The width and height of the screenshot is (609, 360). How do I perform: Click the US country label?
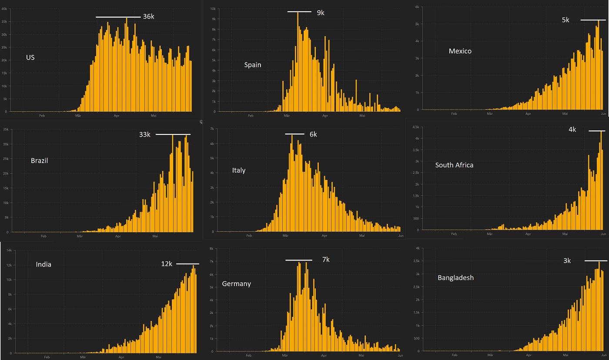click(30, 57)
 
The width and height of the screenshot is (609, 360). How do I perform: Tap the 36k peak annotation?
click(148, 17)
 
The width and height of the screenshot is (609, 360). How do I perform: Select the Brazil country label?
click(39, 160)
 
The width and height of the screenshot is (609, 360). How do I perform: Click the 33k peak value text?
click(144, 134)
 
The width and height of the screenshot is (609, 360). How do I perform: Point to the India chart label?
click(43, 264)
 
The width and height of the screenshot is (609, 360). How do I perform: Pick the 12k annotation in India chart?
click(167, 264)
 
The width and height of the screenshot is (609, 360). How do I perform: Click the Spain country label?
click(253, 65)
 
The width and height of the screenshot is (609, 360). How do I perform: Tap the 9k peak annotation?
click(321, 13)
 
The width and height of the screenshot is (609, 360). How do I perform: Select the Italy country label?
click(239, 170)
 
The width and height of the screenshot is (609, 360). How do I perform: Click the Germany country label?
click(236, 283)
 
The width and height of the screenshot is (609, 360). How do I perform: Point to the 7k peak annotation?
click(326, 260)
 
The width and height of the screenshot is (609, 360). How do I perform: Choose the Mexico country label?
click(460, 51)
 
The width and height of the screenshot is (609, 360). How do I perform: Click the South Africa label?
click(454, 165)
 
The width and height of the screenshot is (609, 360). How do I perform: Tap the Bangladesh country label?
click(455, 277)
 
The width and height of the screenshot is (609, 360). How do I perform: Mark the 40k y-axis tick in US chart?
click(3, 9)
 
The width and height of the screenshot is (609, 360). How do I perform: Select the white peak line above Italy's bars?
click(294, 134)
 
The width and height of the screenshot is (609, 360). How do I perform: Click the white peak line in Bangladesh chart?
click(596, 260)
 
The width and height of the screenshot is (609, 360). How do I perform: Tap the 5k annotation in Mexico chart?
click(565, 20)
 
